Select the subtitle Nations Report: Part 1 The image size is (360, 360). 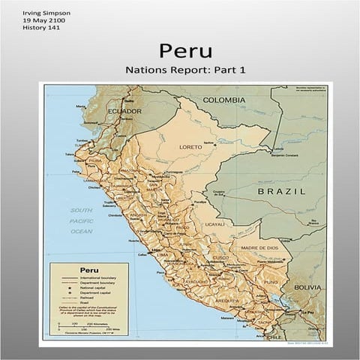(185, 70)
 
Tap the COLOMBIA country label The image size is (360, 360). (223, 100)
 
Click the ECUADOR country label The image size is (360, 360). (124, 111)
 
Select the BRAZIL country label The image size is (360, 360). (281, 191)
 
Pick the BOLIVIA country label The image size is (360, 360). (307, 287)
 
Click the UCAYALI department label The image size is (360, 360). (214, 223)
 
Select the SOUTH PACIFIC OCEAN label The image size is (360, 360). (81, 220)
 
